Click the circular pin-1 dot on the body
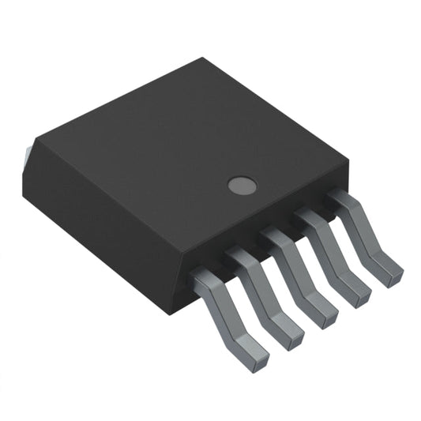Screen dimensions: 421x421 coord(242,186)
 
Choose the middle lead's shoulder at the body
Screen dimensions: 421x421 coord(275,237)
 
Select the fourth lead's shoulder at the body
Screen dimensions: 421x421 coord(309,217)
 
